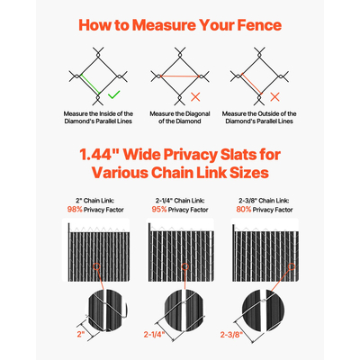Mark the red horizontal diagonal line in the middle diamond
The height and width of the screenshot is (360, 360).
(180, 76)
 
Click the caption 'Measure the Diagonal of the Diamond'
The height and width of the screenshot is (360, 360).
(180, 118)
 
